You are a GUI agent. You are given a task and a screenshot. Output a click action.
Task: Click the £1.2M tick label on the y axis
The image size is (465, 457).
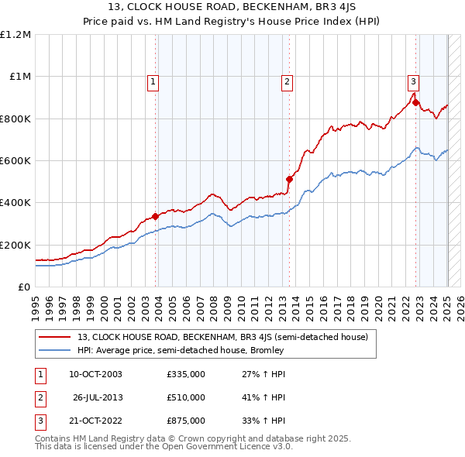pos(15,34)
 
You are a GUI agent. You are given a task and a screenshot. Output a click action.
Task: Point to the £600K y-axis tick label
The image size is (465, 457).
pos(15,160)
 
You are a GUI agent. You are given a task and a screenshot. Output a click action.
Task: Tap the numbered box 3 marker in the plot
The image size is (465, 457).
pos(414,81)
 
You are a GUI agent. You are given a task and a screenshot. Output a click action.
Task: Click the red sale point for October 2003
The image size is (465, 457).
pos(156,217)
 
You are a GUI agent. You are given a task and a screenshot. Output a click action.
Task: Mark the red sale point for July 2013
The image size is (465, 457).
pos(289,179)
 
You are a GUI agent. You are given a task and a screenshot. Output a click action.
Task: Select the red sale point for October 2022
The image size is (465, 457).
pos(416,102)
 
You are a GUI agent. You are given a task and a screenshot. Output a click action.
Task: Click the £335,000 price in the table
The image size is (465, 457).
pos(186,374)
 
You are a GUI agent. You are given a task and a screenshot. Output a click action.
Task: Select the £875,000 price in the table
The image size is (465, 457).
pos(186,421)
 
